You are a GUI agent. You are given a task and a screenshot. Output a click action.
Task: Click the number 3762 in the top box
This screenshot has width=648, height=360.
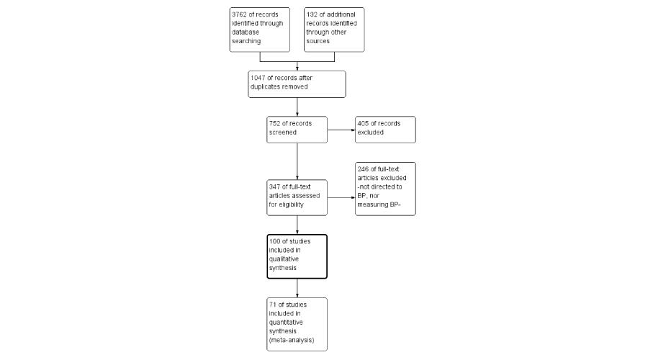coord(239,14)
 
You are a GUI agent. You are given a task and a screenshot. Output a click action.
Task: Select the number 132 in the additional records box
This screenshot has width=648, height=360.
coord(312,14)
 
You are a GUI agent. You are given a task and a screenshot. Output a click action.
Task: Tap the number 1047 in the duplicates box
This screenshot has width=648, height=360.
coord(258,78)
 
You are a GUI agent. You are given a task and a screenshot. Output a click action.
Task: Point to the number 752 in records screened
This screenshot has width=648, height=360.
coord(274,123)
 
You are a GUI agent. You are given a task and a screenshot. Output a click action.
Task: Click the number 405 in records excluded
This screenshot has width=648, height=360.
coord(363,123)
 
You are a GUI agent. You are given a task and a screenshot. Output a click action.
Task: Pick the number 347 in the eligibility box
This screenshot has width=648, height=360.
coord(274,186)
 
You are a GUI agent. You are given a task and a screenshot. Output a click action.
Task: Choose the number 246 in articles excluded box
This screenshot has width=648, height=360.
coord(363,169)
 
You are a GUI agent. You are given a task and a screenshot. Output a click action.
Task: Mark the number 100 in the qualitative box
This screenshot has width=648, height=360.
coord(274,241)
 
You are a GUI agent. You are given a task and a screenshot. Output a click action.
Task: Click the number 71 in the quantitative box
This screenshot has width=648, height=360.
coord(273,305)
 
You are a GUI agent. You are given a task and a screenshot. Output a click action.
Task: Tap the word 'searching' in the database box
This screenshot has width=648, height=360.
coord(246,41)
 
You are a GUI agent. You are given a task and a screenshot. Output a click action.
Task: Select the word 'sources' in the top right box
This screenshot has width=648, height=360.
coord(318,41)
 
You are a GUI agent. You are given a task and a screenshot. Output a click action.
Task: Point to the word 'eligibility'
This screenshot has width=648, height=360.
coord(292,204)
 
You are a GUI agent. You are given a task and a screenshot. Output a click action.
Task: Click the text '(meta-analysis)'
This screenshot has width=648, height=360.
coord(292,340)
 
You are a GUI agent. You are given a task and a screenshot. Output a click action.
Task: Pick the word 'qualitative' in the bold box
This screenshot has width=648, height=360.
coord(284,259)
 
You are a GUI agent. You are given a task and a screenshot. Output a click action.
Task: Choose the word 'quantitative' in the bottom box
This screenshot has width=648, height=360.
coord(286,323)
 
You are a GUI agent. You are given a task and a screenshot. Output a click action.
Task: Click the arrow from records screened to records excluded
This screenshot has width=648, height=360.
coord(341,130)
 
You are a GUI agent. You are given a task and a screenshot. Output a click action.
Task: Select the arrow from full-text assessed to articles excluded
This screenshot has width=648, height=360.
coord(341,197)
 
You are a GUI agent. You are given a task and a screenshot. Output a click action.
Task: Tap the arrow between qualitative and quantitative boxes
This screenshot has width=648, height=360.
coord(297,288)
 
